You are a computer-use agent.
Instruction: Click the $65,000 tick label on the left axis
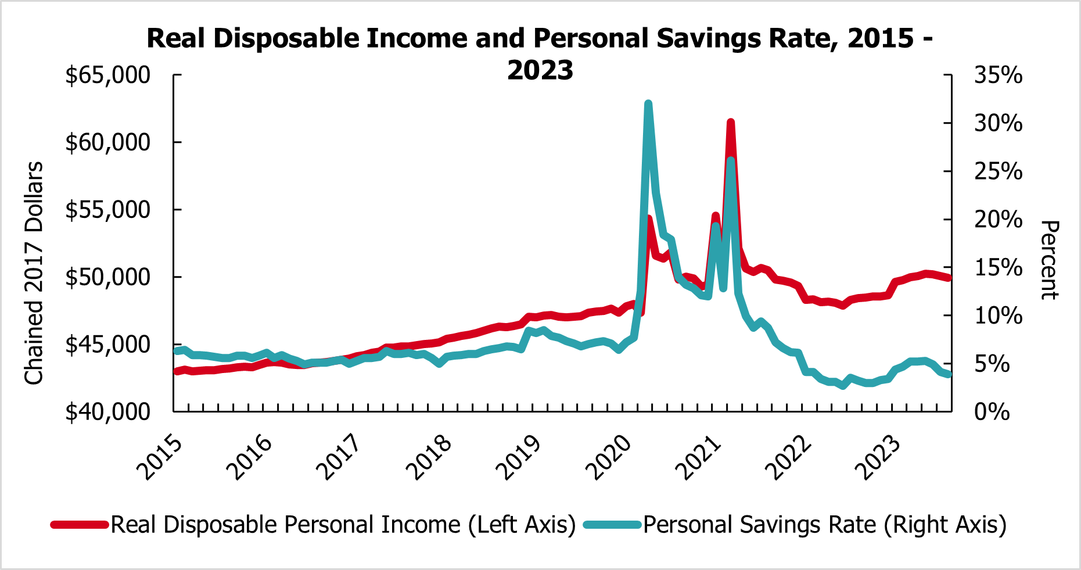point(107,76)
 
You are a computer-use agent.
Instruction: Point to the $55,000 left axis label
point(107,210)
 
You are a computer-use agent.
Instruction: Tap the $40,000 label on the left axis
point(107,412)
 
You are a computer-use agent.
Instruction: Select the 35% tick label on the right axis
point(998,76)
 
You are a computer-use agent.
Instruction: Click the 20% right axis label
point(998,220)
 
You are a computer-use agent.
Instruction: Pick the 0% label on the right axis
point(992,412)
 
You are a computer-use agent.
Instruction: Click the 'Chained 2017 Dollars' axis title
point(34,273)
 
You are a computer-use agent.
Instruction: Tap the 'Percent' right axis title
point(1049,260)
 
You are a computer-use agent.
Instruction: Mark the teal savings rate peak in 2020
point(648,105)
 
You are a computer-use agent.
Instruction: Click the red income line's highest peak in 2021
point(731,123)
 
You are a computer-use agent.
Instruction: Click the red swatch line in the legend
point(80,525)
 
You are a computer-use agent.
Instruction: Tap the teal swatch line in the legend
point(612,525)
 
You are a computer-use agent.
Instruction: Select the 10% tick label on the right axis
point(998,316)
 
